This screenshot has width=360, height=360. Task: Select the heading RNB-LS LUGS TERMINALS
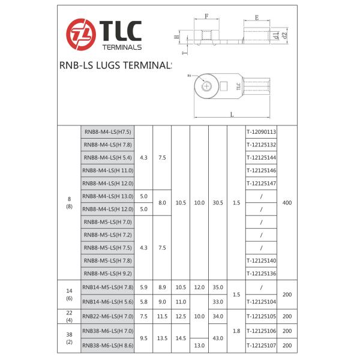coord(115,66)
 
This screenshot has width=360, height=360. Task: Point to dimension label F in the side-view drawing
coord(206,17)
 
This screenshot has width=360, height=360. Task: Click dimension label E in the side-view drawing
coord(257,17)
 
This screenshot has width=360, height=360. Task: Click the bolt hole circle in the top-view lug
coord(207,86)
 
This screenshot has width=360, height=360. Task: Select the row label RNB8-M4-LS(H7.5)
coord(107,131)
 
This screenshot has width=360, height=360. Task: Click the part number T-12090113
coord(261,131)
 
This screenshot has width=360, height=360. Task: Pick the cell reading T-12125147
coord(261,183)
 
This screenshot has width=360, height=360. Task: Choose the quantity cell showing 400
coord(286,203)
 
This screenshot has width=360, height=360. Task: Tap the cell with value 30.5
coord(217,203)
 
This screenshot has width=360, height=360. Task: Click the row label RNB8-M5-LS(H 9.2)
coord(107,274)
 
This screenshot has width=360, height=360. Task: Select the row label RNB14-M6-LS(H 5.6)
coord(107,301)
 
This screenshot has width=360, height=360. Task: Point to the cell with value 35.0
coord(217,287)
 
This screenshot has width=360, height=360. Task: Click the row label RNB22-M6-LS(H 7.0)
coord(107,316)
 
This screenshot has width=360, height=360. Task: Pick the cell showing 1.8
coord(236,330)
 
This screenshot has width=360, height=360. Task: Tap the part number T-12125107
coord(261,345)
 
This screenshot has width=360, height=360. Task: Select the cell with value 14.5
coord(181,338)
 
